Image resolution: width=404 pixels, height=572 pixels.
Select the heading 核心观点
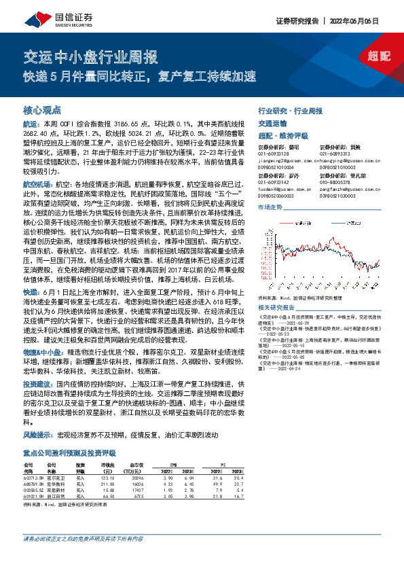coord(42,108)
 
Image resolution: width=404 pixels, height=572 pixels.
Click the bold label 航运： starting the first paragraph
coord(32,126)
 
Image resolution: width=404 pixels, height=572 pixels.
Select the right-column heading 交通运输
coord(272,124)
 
